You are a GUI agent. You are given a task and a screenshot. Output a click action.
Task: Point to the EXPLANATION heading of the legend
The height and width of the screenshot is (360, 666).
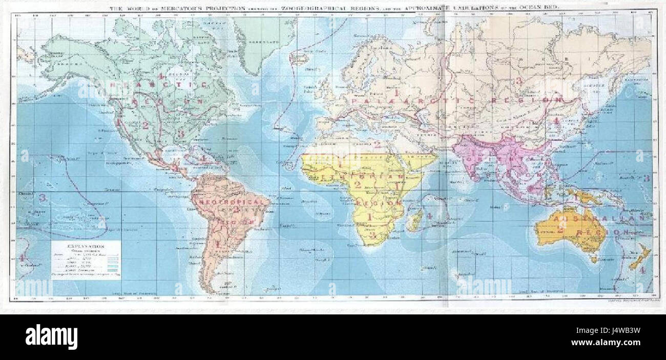coord(86,246)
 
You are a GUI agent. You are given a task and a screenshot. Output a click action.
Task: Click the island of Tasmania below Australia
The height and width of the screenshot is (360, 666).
coord(594,259)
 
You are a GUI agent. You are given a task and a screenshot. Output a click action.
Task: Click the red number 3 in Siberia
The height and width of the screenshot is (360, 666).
coord(518,80)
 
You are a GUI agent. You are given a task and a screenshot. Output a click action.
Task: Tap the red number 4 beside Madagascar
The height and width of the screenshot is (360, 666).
coord(429,216)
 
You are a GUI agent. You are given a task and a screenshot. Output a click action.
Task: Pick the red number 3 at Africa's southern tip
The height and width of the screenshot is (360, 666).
coord(373,236)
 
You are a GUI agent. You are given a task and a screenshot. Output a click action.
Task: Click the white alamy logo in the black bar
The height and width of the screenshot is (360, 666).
coord(52,337)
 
